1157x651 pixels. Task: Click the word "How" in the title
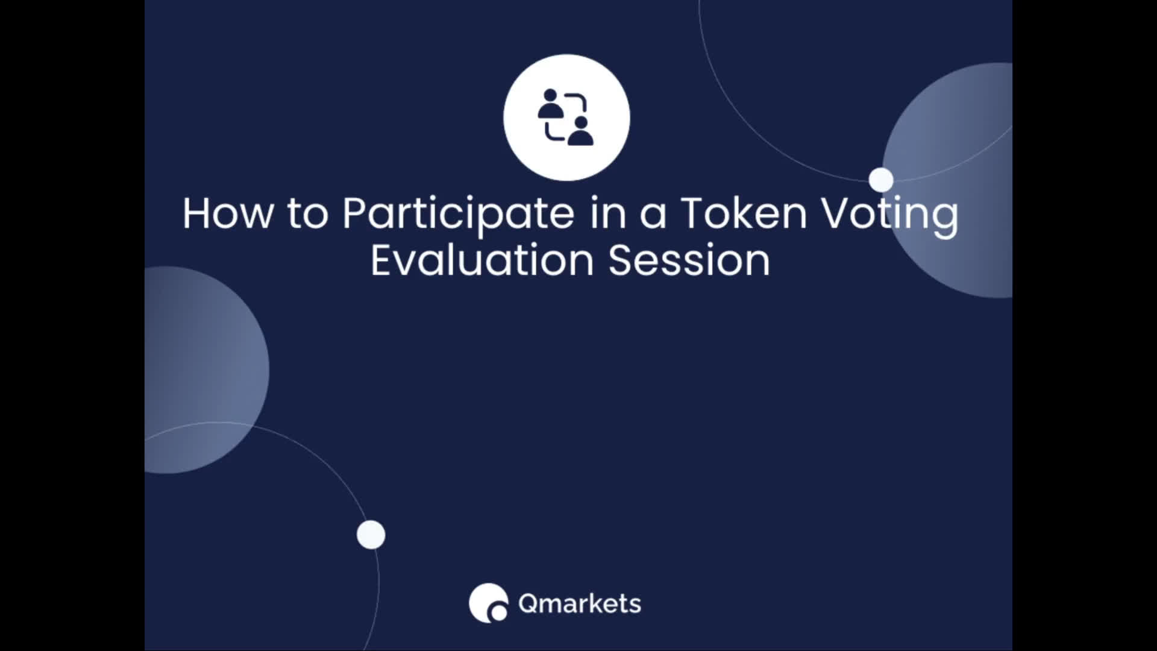(x=228, y=213)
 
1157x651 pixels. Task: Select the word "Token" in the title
(x=744, y=213)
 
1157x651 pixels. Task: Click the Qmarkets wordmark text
(x=580, y=603)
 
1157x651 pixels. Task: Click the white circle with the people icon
(x=566, y=118)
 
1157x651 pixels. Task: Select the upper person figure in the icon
(x=550, y=104)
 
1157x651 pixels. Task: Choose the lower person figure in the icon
(x=581, y=131)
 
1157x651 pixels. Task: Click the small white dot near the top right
(x=881, y=180)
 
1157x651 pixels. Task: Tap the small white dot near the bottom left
(x=371, y=535)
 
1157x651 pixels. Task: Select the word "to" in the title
(x=308, y=214)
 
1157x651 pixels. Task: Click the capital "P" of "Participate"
(x=356, y=213)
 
